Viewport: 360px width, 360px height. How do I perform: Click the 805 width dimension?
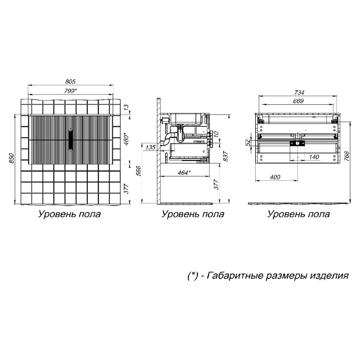(x=70, y=82)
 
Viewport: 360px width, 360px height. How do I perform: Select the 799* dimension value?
(x=70, y=91)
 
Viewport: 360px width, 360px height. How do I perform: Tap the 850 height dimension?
(x=12, y=158)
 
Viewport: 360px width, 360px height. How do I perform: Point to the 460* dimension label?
(x=126, y=139)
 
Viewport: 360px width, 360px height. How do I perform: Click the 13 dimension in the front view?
(x=126, y=108)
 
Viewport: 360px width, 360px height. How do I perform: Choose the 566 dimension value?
(x=139, y=171)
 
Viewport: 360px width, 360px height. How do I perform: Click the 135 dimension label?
(x=150, y=147)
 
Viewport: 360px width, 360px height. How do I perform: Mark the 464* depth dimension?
(x=184, y=173)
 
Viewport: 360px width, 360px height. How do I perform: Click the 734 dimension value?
(x=299, y=92)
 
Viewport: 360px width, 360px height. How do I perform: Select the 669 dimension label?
(x=298, y=101)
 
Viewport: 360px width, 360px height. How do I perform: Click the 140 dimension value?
(x=314, y=157)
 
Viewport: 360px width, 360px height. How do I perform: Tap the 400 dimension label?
(x=275, y=177)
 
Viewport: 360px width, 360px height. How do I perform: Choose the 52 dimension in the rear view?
(x=248, y=143)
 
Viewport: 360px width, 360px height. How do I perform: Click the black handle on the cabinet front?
(x=71, y=139)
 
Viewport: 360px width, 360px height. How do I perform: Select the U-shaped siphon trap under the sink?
(x=180, y=135)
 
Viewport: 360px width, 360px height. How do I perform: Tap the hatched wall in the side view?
(x=159, y=151)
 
